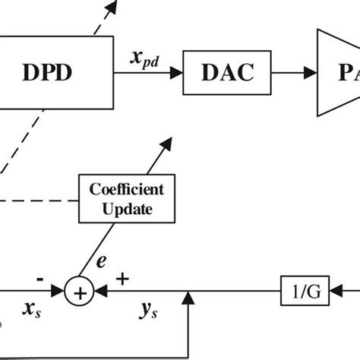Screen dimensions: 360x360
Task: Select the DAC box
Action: (227, 74)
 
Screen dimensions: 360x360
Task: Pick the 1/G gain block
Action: (302, 290)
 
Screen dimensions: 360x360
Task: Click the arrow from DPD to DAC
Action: (148, 74)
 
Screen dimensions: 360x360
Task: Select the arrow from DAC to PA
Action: (295, 74)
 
